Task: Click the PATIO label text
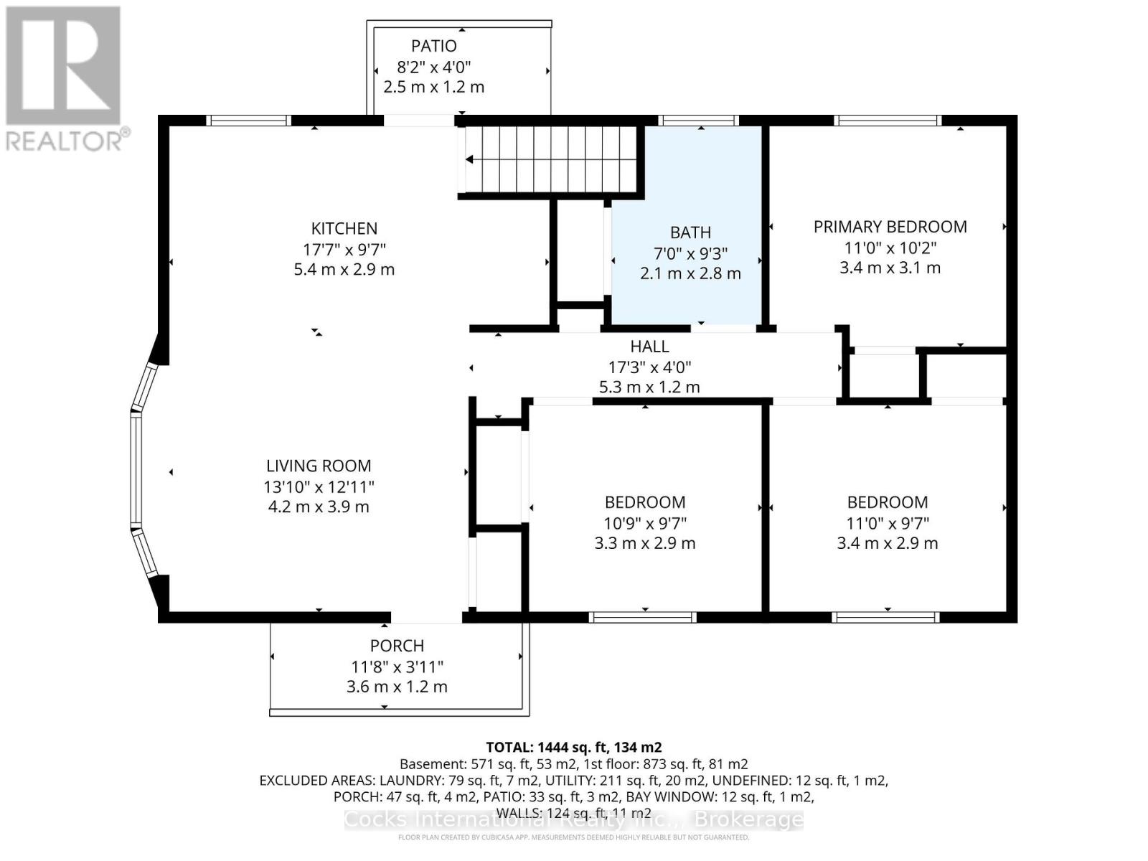[433, 46]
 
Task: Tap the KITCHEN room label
[344, 229]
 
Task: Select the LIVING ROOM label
[319, 466]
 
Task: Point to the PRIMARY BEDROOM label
[890, 227]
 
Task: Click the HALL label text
[649, 347]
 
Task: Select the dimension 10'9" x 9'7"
[644, 523]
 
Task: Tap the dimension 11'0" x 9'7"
[887, 523]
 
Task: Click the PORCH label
[397, 646]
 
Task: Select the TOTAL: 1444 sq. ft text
[573, 747]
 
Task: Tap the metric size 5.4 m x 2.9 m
[344, 270]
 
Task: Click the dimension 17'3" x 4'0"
[649, 367]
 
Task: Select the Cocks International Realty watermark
[573, 820]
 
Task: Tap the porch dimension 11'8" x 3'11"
[397, 667]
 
